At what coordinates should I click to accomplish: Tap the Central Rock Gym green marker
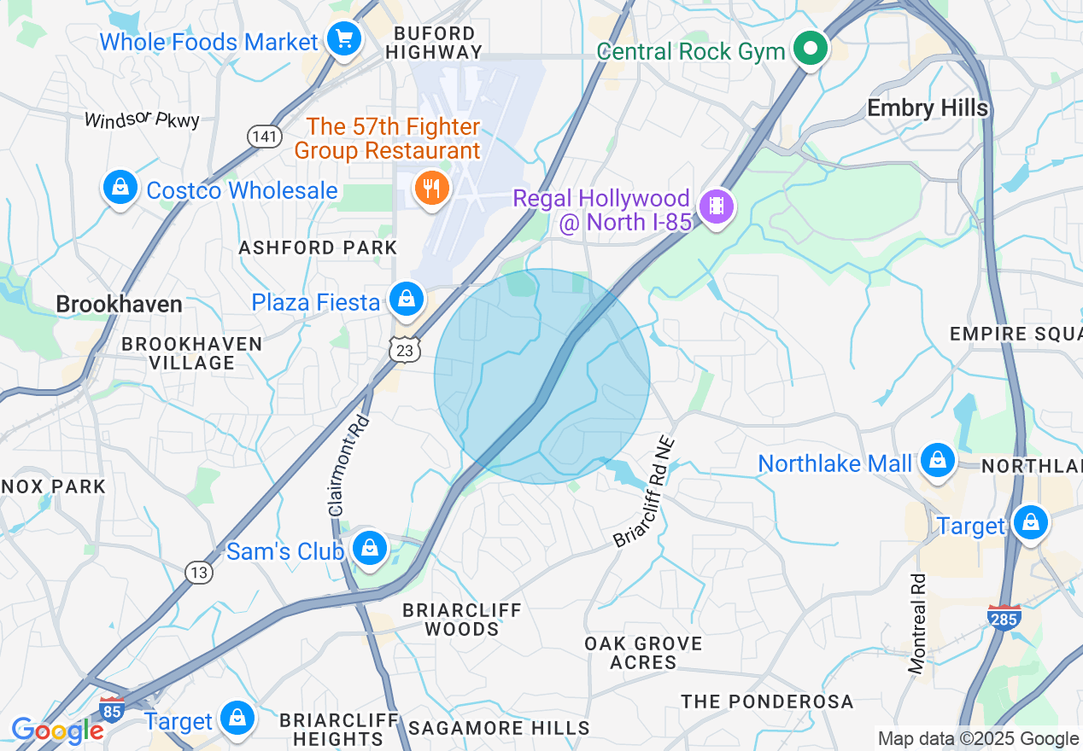coord(807,49)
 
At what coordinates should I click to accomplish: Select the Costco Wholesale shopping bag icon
coord(120,187)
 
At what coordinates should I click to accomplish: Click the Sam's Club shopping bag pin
coord(370,548)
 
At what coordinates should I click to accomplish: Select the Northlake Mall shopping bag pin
coord(938,461)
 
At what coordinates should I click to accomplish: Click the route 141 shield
coord(264,136)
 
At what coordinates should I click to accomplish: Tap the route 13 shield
coord(198,572)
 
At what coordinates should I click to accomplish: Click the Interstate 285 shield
coord(1003,617)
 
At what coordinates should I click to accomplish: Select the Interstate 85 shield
coord(111,707)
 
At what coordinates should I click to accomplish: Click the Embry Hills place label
coord(928,108)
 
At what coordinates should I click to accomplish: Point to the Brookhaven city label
coord(119,304)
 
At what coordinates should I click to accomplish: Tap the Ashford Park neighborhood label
coord(318,247)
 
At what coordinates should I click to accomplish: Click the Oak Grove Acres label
coord(643,653)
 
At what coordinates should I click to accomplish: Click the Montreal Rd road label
coord(918,624)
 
